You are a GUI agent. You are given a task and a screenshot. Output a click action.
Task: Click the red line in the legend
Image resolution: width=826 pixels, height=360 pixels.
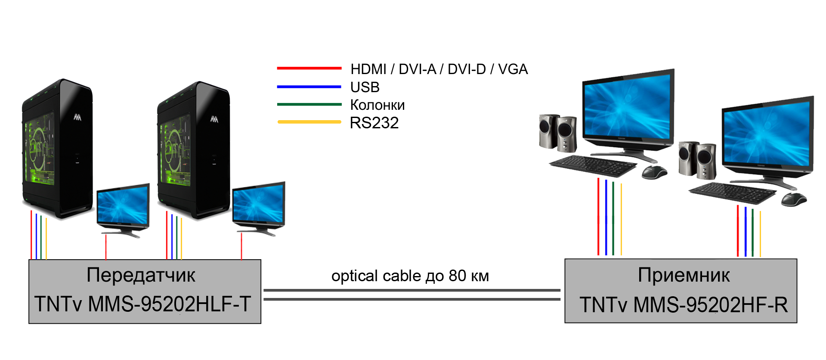click(309, 68)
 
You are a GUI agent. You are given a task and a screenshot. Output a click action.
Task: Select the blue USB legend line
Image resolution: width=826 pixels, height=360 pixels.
click(309, 87)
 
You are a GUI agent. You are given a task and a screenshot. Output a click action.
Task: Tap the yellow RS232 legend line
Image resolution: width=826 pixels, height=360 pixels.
click(309, 122)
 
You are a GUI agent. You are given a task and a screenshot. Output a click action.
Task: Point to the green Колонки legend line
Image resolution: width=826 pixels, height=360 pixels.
click(309, 104)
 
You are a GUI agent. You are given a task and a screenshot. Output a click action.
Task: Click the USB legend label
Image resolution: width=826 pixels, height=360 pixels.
click(365, 87)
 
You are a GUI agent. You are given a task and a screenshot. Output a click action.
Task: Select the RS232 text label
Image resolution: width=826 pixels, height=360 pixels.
click(374, 123)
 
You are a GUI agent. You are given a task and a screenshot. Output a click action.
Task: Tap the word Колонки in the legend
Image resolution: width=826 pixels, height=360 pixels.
click(377, 105)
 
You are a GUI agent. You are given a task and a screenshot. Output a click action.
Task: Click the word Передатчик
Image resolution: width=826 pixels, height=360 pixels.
click(141, 275)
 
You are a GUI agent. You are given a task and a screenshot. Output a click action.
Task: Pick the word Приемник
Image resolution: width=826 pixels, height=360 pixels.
click(684, 275)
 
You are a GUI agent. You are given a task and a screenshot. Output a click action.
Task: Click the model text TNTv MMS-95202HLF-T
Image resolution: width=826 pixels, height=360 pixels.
click(142, 304)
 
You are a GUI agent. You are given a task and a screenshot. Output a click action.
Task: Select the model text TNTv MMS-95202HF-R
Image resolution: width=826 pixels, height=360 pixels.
click(684, 305)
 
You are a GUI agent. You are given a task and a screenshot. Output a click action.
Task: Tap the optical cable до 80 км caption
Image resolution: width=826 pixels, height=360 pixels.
click(410, 276)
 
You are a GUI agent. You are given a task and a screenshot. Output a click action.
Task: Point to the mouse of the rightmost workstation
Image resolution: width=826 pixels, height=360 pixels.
click(793, 199)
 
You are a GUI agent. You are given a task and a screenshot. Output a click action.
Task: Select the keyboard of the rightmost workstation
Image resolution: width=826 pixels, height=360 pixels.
click(732, 192)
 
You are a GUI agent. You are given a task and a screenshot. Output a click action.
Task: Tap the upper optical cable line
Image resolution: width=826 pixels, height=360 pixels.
click(411, 290)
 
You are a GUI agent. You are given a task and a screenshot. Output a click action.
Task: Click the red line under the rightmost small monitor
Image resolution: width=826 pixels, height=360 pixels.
click(241, 246)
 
